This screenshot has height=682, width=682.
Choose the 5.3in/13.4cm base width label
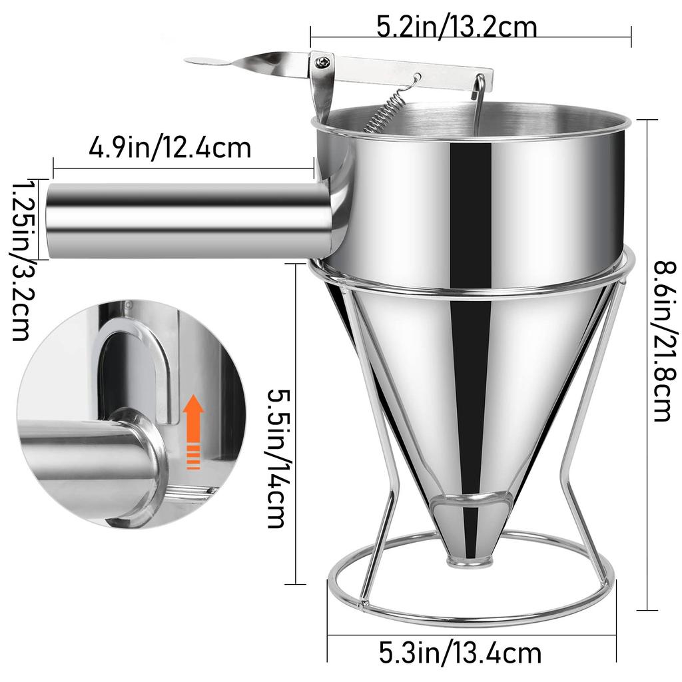(x=460, y=652)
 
